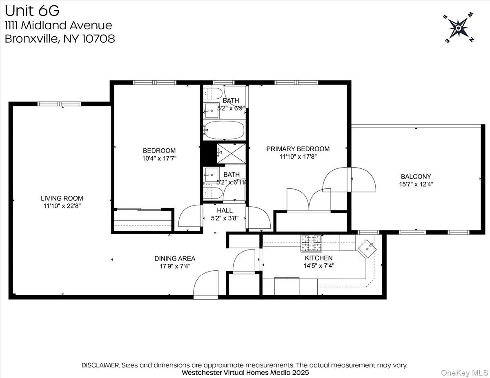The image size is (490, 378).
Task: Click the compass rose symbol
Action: coord(458,28)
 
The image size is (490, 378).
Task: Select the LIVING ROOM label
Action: coord(62,199)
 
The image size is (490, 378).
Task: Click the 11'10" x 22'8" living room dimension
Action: coord(62,206)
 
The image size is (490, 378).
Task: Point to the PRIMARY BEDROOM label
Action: coord(298,149)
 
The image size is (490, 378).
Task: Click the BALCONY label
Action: coord(416,177)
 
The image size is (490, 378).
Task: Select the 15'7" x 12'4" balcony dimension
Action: coord(416,184)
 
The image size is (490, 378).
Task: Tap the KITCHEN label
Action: coord(318,258)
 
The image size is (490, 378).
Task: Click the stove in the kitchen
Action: coord(311,243)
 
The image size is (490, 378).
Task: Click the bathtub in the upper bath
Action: coord(224,130)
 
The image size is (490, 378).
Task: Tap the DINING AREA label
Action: coord(174,259)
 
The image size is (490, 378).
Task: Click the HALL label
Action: coord(225,210)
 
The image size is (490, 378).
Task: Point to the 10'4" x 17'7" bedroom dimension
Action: coord(159,158)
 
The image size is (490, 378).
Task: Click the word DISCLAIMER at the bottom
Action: coord(100,365)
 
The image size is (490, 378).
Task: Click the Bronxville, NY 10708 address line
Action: coord(60,39)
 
